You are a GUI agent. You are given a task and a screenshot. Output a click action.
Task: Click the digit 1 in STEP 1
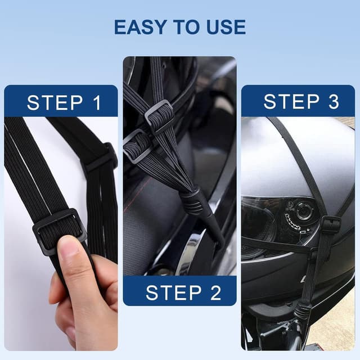[x=96, y=103]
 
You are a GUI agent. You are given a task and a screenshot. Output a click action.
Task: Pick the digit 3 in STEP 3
[x=332, y=102]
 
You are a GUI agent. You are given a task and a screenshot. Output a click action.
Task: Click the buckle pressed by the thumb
[x=59, y=230]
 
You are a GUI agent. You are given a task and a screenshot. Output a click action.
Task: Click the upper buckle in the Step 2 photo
[x=159, y=116]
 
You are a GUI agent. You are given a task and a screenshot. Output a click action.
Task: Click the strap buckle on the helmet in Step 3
[x=331, y=225]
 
